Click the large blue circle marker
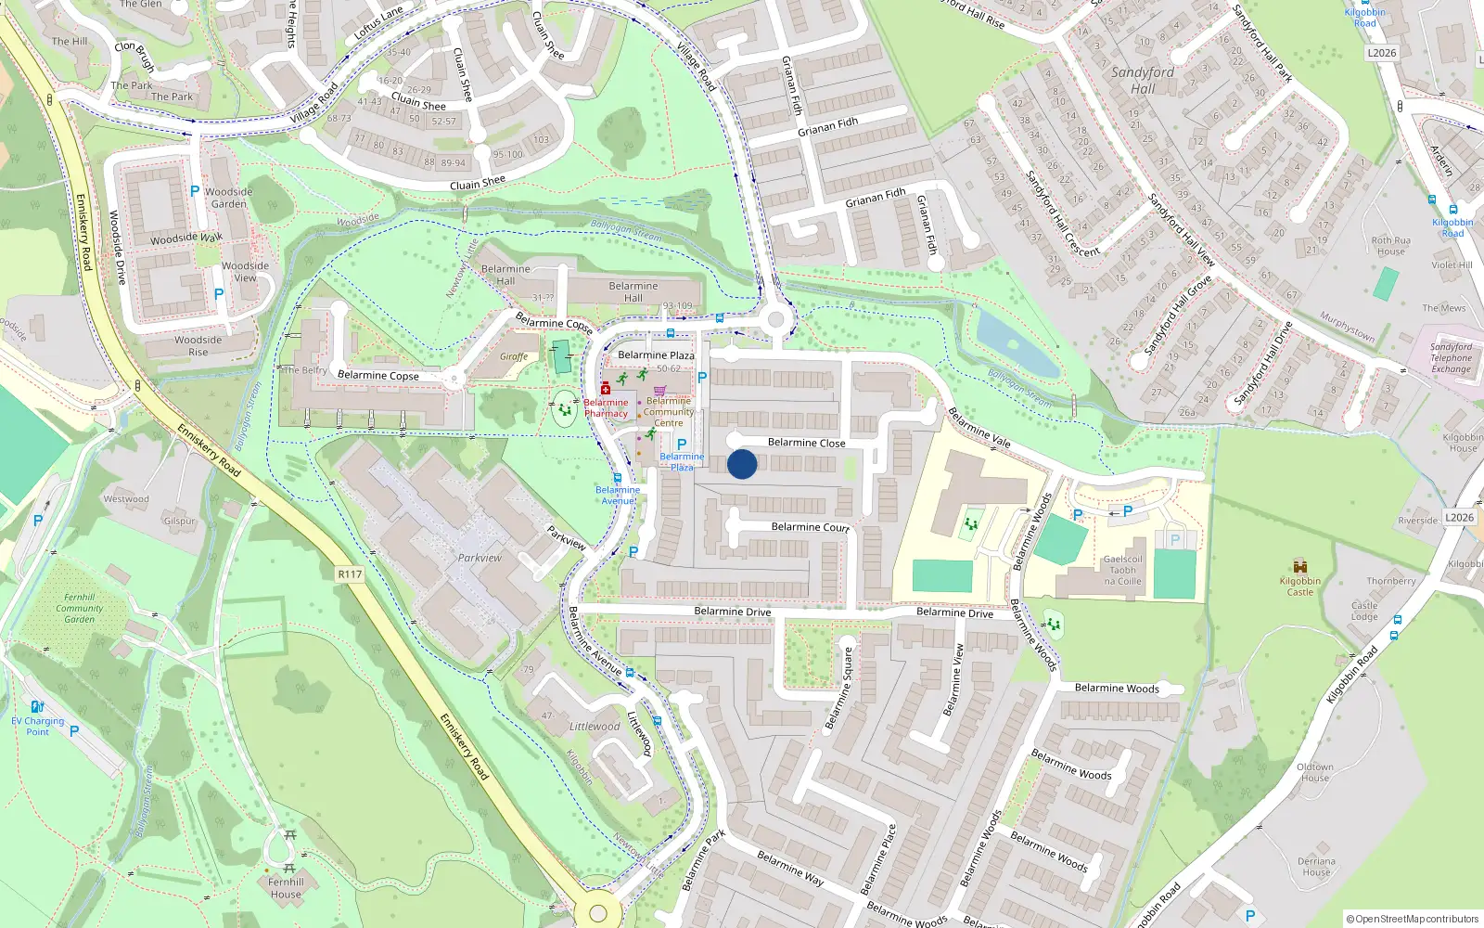click(x=742, y=464)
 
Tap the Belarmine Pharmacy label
click(x=606, y=408)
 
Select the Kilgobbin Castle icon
click(x=1300, y=566)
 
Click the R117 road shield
click(x=350, y=574)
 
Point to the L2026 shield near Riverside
click(x=1459, y=518)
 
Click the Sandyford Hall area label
click(x=1143, y=80)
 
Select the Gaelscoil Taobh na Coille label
click(x=1122, y=571)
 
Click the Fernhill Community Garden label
click(x=80, y=609)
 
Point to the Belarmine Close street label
click(x=806, y=443)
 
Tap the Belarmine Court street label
click(x=810, y=527)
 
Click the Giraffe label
click(x=514, y=356)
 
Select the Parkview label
click(x=480, y=558)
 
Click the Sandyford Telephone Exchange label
click(x=1451, y=357)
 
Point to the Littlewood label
click(x=595, y=727)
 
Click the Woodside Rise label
click(x=198, y=346)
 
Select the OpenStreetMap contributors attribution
click(x=1412, y=919)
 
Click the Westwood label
click(x=126, y=499)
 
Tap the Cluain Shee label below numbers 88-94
click(x=478, y=183)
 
